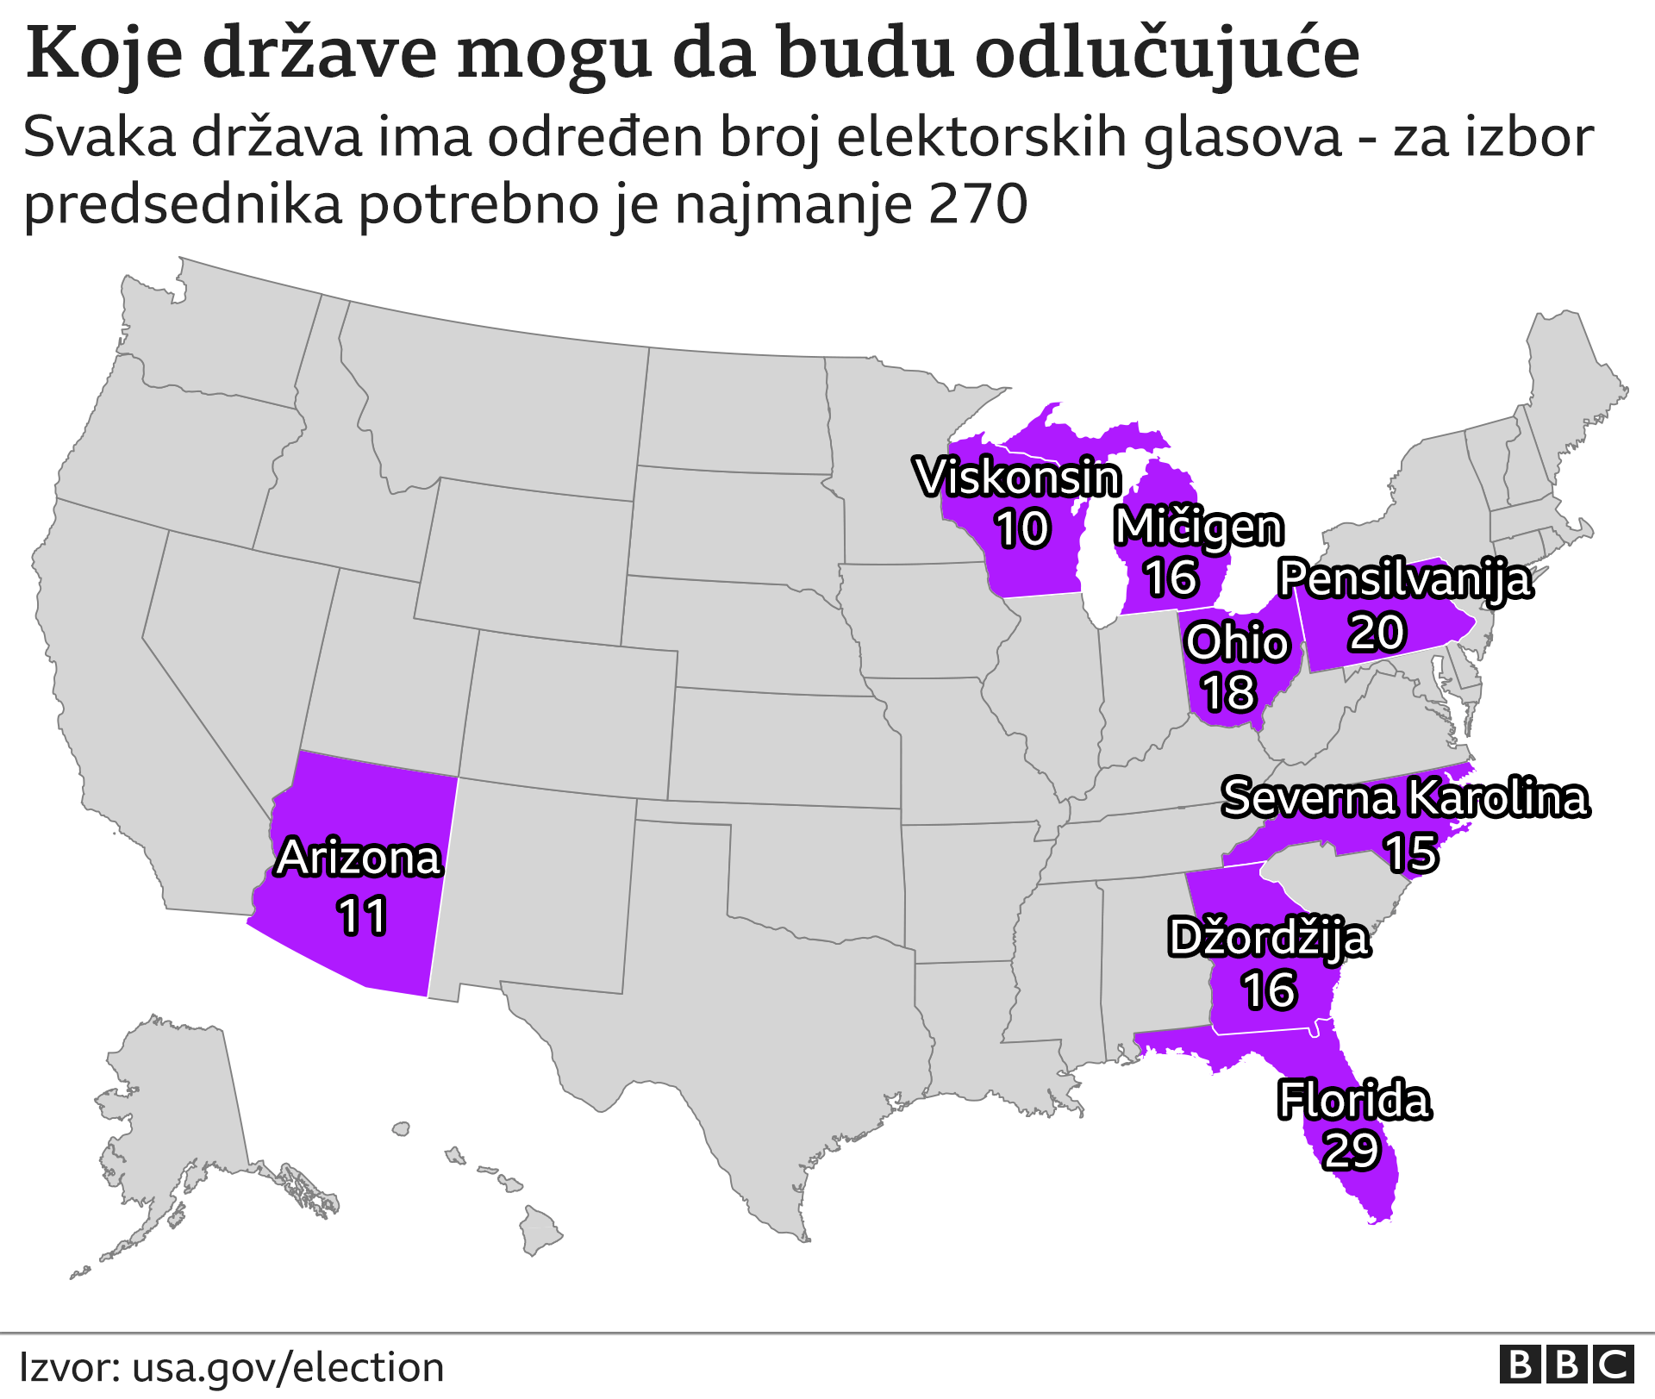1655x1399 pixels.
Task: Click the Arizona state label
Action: click(359, 859)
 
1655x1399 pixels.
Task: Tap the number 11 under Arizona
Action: click(362, 915)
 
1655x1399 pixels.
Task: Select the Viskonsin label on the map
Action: click(1018, 478)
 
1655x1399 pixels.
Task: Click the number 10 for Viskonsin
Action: click(1022, 528)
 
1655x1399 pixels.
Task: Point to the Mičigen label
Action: click(1199, 528)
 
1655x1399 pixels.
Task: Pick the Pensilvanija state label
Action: click(1406, 578)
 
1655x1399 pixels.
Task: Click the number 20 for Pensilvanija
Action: click(1377, 632)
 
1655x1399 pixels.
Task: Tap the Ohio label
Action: click(1237, 643)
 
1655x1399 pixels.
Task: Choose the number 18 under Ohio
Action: click(1229, 693)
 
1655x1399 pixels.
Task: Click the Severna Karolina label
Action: click(1405, 798)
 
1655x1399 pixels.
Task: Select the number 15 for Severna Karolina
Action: click(1411, 853)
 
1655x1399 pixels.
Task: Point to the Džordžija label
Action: click(1269, 939)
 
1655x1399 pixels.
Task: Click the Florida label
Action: click(1354, 1101)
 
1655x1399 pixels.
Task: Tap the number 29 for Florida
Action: click(1352, 1151)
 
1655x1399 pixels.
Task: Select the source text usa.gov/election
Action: click(288, 1368)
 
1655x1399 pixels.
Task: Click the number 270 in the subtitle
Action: click(978, 204)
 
